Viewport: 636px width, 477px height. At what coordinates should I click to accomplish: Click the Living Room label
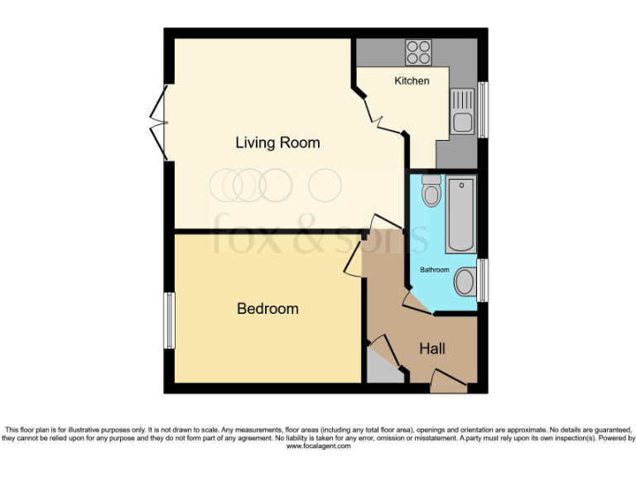[x=277, y=142]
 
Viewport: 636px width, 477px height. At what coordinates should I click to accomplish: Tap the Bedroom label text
[x=267, y=309]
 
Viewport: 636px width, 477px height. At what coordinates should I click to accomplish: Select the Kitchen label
[x=412, y=80]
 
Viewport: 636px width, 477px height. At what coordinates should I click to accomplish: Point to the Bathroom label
[x=435, y=270]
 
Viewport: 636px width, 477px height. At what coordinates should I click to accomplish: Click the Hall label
[x=431, y=349]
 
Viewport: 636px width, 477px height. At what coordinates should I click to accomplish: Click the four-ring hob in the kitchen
[x=418, y=53]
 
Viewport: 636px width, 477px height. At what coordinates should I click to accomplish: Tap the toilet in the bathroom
[x=431, y=192]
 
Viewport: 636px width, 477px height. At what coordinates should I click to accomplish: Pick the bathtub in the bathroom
[x=460, y=214]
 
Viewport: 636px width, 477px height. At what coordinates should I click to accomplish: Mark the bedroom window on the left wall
[x=168, y=320]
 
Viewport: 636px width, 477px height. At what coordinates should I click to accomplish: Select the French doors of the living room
[x=158, y=124]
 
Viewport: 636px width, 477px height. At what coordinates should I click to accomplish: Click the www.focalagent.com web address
[x=318, y=446]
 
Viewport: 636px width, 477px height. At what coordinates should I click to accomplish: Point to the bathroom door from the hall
[x=417, y=302]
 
